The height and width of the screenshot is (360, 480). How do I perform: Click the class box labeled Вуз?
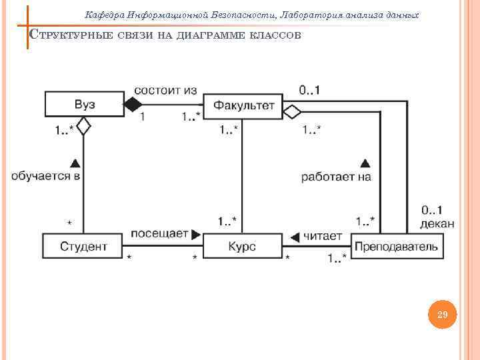point(83,104)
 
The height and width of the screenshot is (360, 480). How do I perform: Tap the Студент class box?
point(83,246)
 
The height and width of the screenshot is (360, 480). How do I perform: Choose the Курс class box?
point(242,246)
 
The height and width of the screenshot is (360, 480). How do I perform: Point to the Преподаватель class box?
point(397,246)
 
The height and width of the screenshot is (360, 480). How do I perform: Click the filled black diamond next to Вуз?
point(133,104)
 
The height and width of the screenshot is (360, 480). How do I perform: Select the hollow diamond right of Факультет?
point(292,111)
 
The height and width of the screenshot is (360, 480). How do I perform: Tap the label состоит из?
point(165,89)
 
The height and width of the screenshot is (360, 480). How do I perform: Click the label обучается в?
point(45,176)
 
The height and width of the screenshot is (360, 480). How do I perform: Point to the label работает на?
point(335,177)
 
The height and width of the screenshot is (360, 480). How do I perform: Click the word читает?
point(323,235)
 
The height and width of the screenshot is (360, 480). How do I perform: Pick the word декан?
point(437,224)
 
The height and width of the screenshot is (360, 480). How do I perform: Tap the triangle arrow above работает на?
point(365,162)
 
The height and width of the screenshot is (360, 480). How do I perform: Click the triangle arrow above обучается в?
point(75,162)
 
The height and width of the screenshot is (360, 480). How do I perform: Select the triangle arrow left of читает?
point(295,236)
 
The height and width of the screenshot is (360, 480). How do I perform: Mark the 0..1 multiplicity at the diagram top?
point(308,89)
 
